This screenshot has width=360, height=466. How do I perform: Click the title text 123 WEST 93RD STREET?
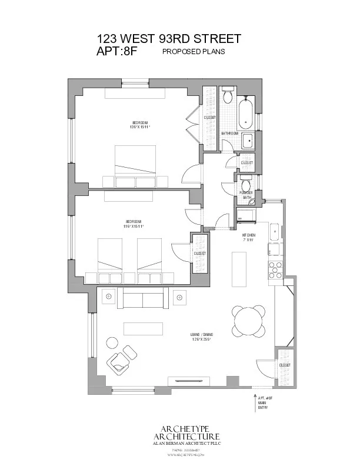point(169,39)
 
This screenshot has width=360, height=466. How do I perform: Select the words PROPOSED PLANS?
point(194,52)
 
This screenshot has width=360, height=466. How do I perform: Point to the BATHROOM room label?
point(229,134)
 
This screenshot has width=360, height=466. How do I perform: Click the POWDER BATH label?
point(246,195)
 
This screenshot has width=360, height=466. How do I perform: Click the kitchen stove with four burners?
point(275,269)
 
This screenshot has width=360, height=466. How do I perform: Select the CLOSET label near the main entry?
point(285,365)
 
